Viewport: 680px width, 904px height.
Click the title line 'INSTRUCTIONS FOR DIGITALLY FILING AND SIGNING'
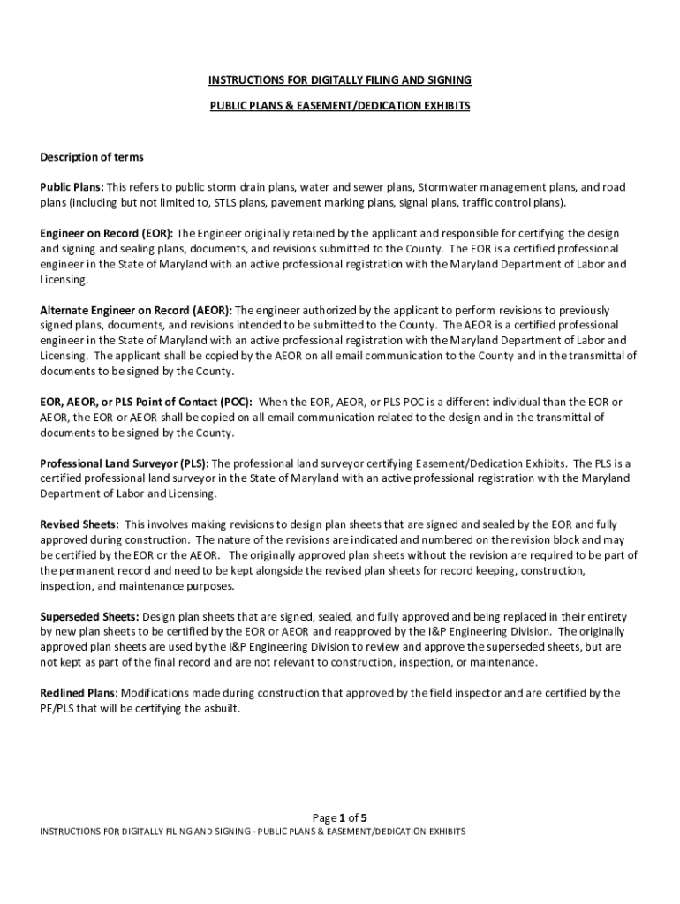[340, 80]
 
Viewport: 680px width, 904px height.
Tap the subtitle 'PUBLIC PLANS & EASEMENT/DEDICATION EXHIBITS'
[340, 106]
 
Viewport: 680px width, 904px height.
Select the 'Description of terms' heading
[92, 157]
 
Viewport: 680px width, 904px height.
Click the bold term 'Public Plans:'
[72, 187]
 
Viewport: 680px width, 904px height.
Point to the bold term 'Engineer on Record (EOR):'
[108, 233]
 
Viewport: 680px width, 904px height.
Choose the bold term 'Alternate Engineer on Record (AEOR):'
[136, 310]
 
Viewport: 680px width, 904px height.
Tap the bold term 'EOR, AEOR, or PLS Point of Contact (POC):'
[146, 402]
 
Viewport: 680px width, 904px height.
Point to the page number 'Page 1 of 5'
[340, 817]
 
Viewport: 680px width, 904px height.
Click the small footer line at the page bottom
[253, 832]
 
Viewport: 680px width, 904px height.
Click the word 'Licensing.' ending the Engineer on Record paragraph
[64, 279]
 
